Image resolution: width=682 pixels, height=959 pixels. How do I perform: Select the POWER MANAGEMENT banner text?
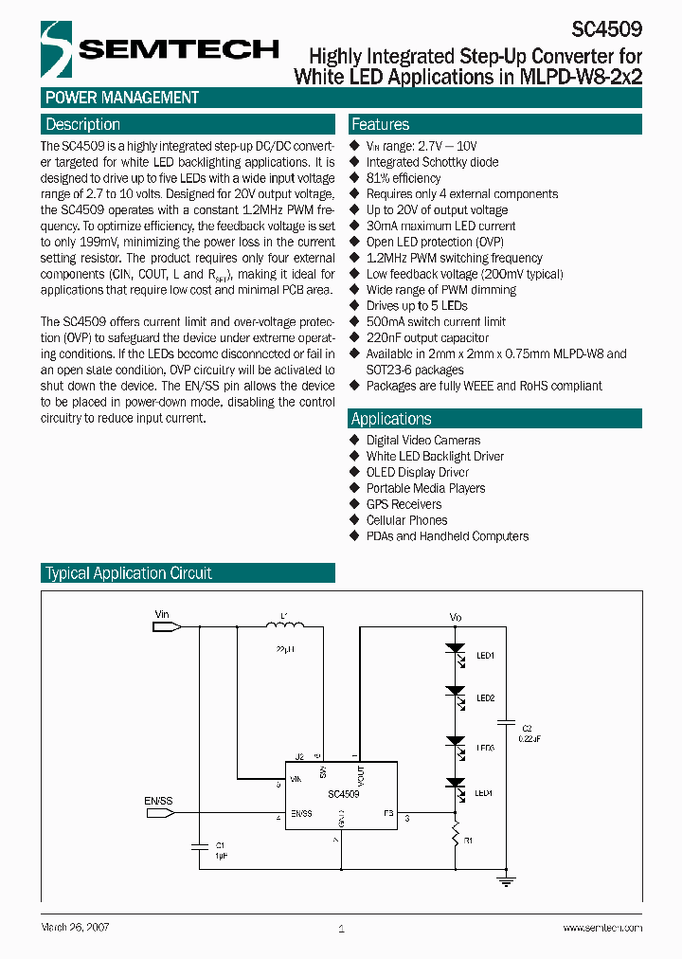(122, 98)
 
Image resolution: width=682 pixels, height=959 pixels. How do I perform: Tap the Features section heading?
(380, 124)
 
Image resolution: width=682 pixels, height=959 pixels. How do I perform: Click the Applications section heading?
(391, 419)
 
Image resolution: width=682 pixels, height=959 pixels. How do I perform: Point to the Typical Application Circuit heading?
(129, 573)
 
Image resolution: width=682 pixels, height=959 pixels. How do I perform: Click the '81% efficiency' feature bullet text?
(404, 178)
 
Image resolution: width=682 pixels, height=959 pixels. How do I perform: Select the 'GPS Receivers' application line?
(404, 504)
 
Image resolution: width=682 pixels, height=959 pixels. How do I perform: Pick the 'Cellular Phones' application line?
(406, 520)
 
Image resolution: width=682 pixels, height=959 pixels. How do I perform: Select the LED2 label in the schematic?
(485, 698)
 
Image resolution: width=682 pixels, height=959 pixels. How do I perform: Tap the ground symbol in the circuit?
(508, 881)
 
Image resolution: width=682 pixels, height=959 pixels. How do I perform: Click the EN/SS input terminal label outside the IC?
(158, 802)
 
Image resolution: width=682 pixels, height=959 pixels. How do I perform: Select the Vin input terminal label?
(161, 614)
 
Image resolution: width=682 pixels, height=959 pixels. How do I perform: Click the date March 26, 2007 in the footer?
(76, 927)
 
